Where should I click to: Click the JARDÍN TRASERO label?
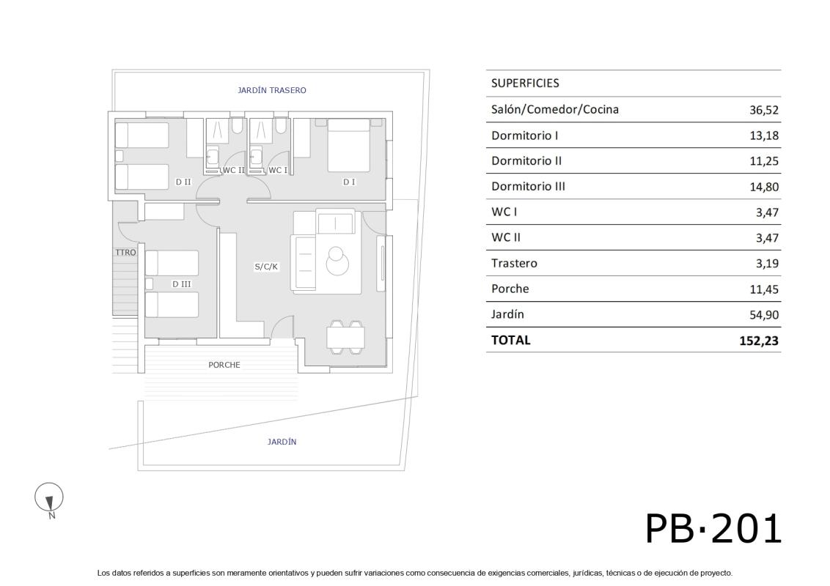tap(271, 90)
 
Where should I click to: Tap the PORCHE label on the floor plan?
tap(224, 365)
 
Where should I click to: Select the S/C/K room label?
tap(266, 267)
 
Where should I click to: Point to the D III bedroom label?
tap(182, 283)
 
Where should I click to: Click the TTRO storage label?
tap(125, 253)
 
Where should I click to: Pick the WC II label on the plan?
tap(233, 170)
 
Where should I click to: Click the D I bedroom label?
tap(349, 182)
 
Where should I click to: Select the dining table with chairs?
tap(346, 338)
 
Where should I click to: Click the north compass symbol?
tap(49, 498)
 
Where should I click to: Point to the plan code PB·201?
tap(713, 528)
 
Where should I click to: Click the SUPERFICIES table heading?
tap(525, 84)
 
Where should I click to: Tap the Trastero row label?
tap(514, 263)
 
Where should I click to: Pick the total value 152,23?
tap(759, 341)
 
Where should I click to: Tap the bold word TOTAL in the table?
tap(510, 340)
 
